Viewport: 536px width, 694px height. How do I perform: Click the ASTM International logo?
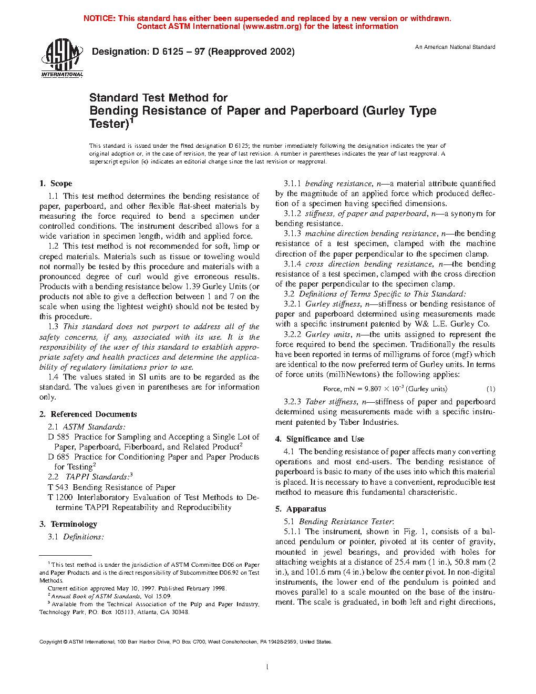[62, 57]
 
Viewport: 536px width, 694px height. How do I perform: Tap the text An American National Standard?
[455, 47]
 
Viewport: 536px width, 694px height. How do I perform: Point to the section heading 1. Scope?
[56, 183]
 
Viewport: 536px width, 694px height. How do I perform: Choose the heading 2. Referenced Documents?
[88, 414]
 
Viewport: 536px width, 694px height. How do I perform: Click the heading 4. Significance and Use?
[319, 439]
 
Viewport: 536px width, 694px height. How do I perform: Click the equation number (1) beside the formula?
[490, 389]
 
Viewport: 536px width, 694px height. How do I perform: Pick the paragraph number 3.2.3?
[292, 402]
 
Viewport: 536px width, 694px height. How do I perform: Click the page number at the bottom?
[267, 667]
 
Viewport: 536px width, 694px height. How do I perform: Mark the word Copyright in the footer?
[51, 642]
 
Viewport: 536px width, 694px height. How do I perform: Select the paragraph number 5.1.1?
[292, 532]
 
